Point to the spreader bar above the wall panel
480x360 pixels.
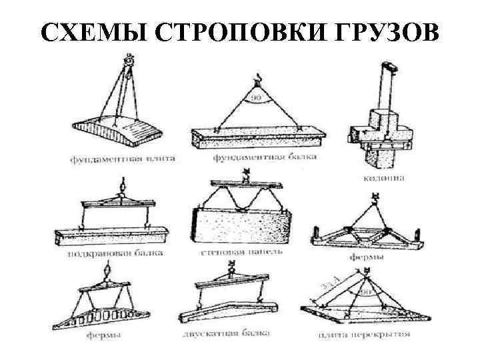(243, 183)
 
